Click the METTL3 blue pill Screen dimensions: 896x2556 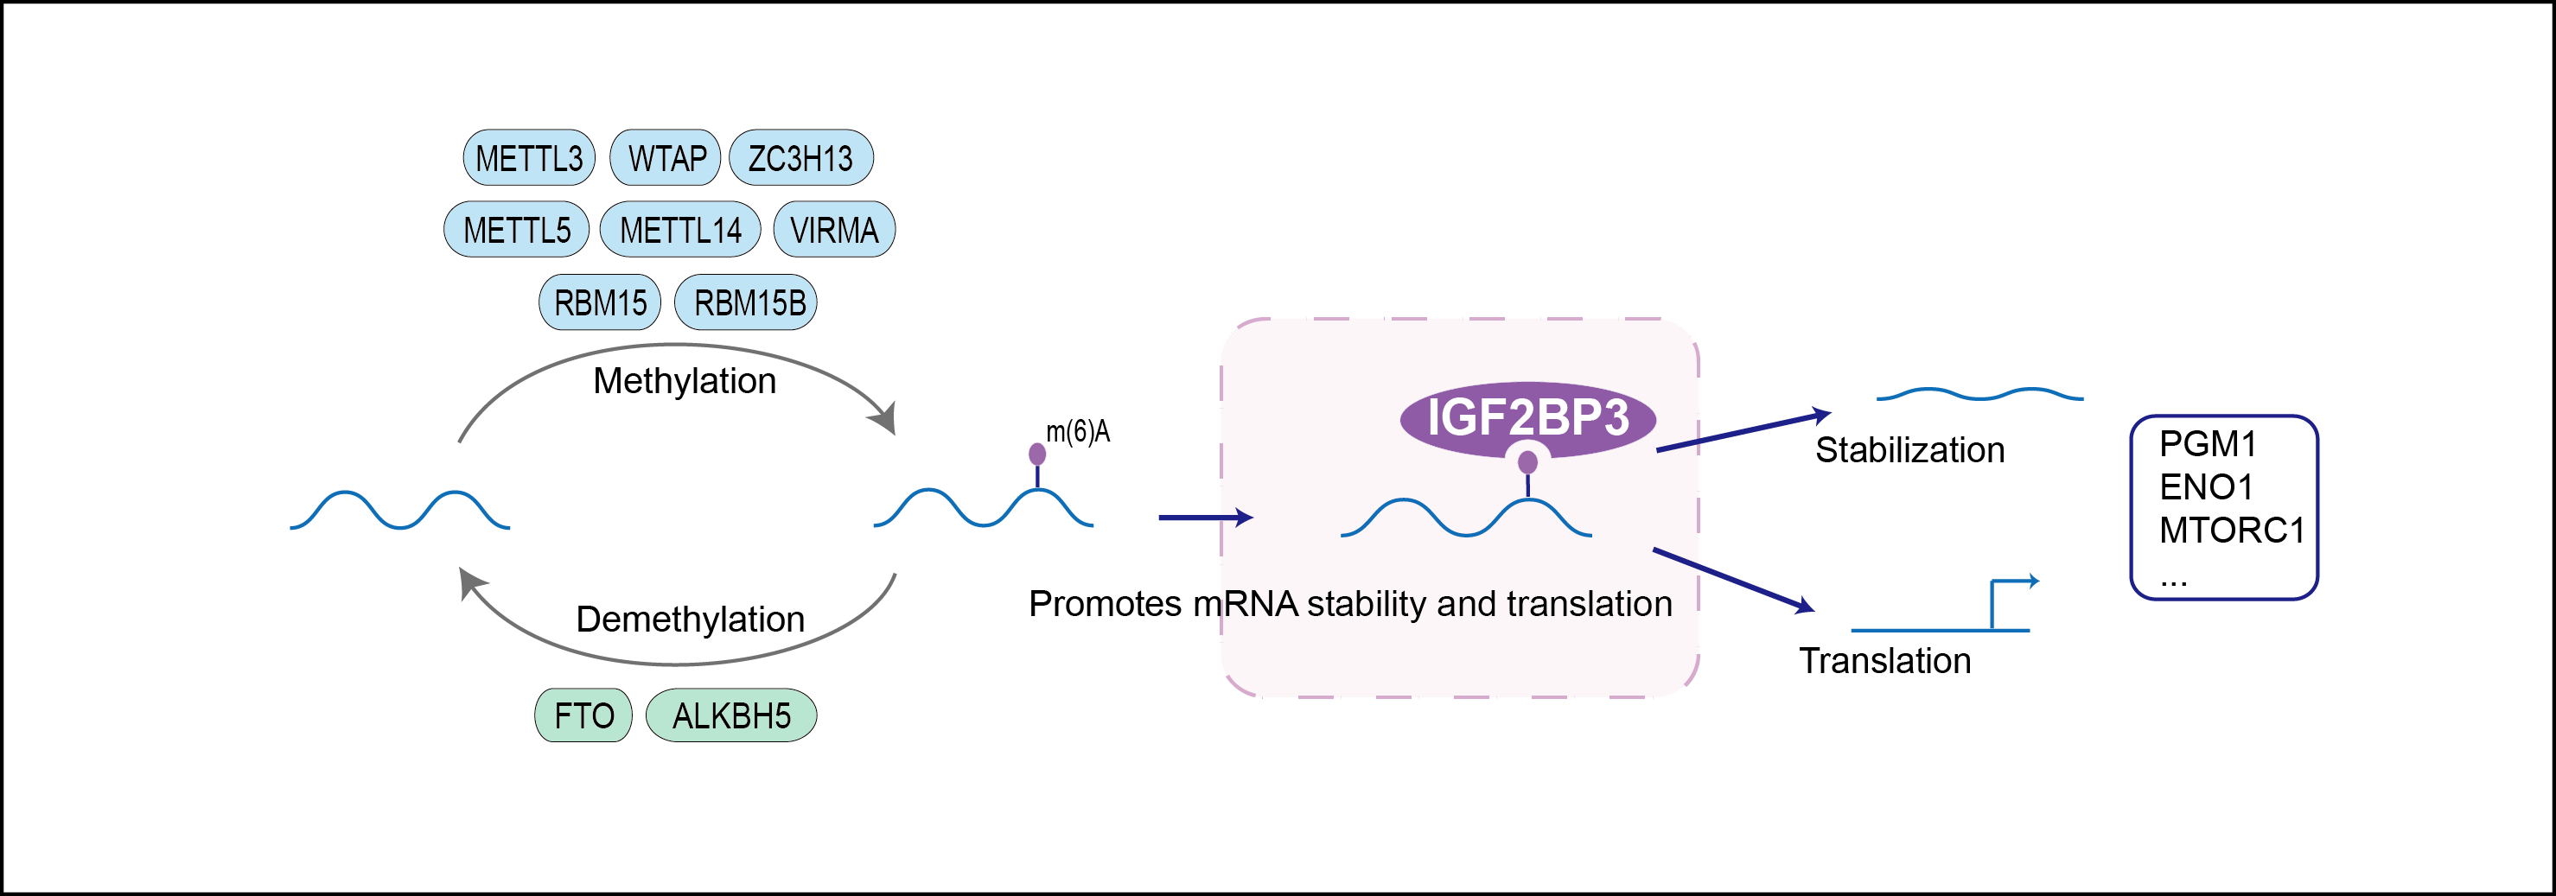point(529,158)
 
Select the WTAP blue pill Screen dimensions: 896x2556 point(666,158)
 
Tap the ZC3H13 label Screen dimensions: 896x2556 point(800,158)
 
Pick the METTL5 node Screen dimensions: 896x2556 point(516,230)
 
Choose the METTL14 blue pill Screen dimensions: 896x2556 point(680,230)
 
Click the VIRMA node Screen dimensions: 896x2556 point(833,230)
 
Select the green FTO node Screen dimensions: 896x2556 point(583,715)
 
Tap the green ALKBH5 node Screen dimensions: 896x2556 point(731,715)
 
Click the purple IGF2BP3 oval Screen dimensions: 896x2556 point(1527,416)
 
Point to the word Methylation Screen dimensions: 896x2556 point(685,381)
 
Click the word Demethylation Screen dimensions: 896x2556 point(691,620)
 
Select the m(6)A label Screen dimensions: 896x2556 point(1078,432)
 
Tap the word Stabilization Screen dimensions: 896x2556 point(1909,450)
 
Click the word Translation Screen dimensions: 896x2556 point(1885,661)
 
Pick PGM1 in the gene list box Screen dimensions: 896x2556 point(2208,443)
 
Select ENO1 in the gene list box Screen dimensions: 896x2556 point(2206,487)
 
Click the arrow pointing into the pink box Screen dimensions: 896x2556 point(1206,517)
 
